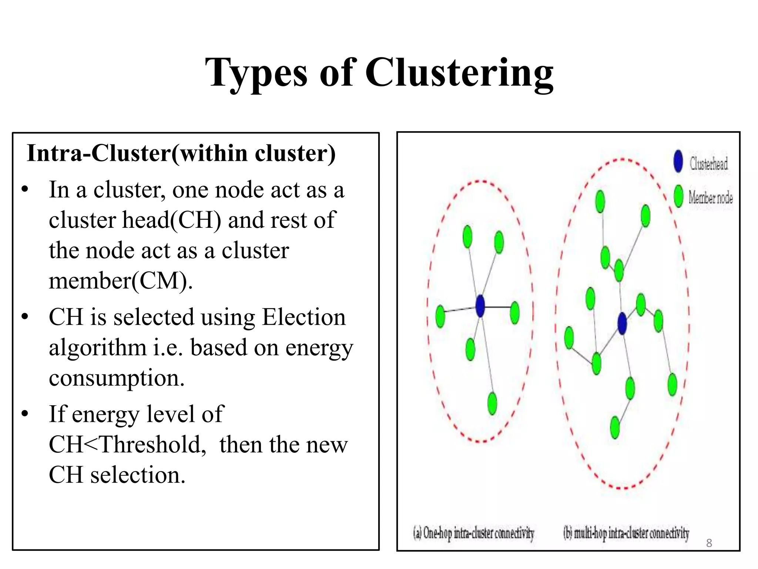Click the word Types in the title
point(256,73)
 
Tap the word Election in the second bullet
point(303,317)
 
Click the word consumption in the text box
point(117,378)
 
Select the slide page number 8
point(709,543)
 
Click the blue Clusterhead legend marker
point(678,162)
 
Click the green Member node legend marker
point(678,196)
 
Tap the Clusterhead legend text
point(708,163)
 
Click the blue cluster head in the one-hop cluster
point(480,306)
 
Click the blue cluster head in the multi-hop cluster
point(622,323)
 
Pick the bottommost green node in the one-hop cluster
point(492,403)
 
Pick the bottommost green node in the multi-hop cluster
point(615,427)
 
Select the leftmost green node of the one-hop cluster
point(440,316)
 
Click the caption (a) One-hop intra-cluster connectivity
point(474,533)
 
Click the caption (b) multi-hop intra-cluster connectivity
point(626,533)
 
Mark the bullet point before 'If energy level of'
point(25,414)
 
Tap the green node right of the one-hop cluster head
point(514,313)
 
